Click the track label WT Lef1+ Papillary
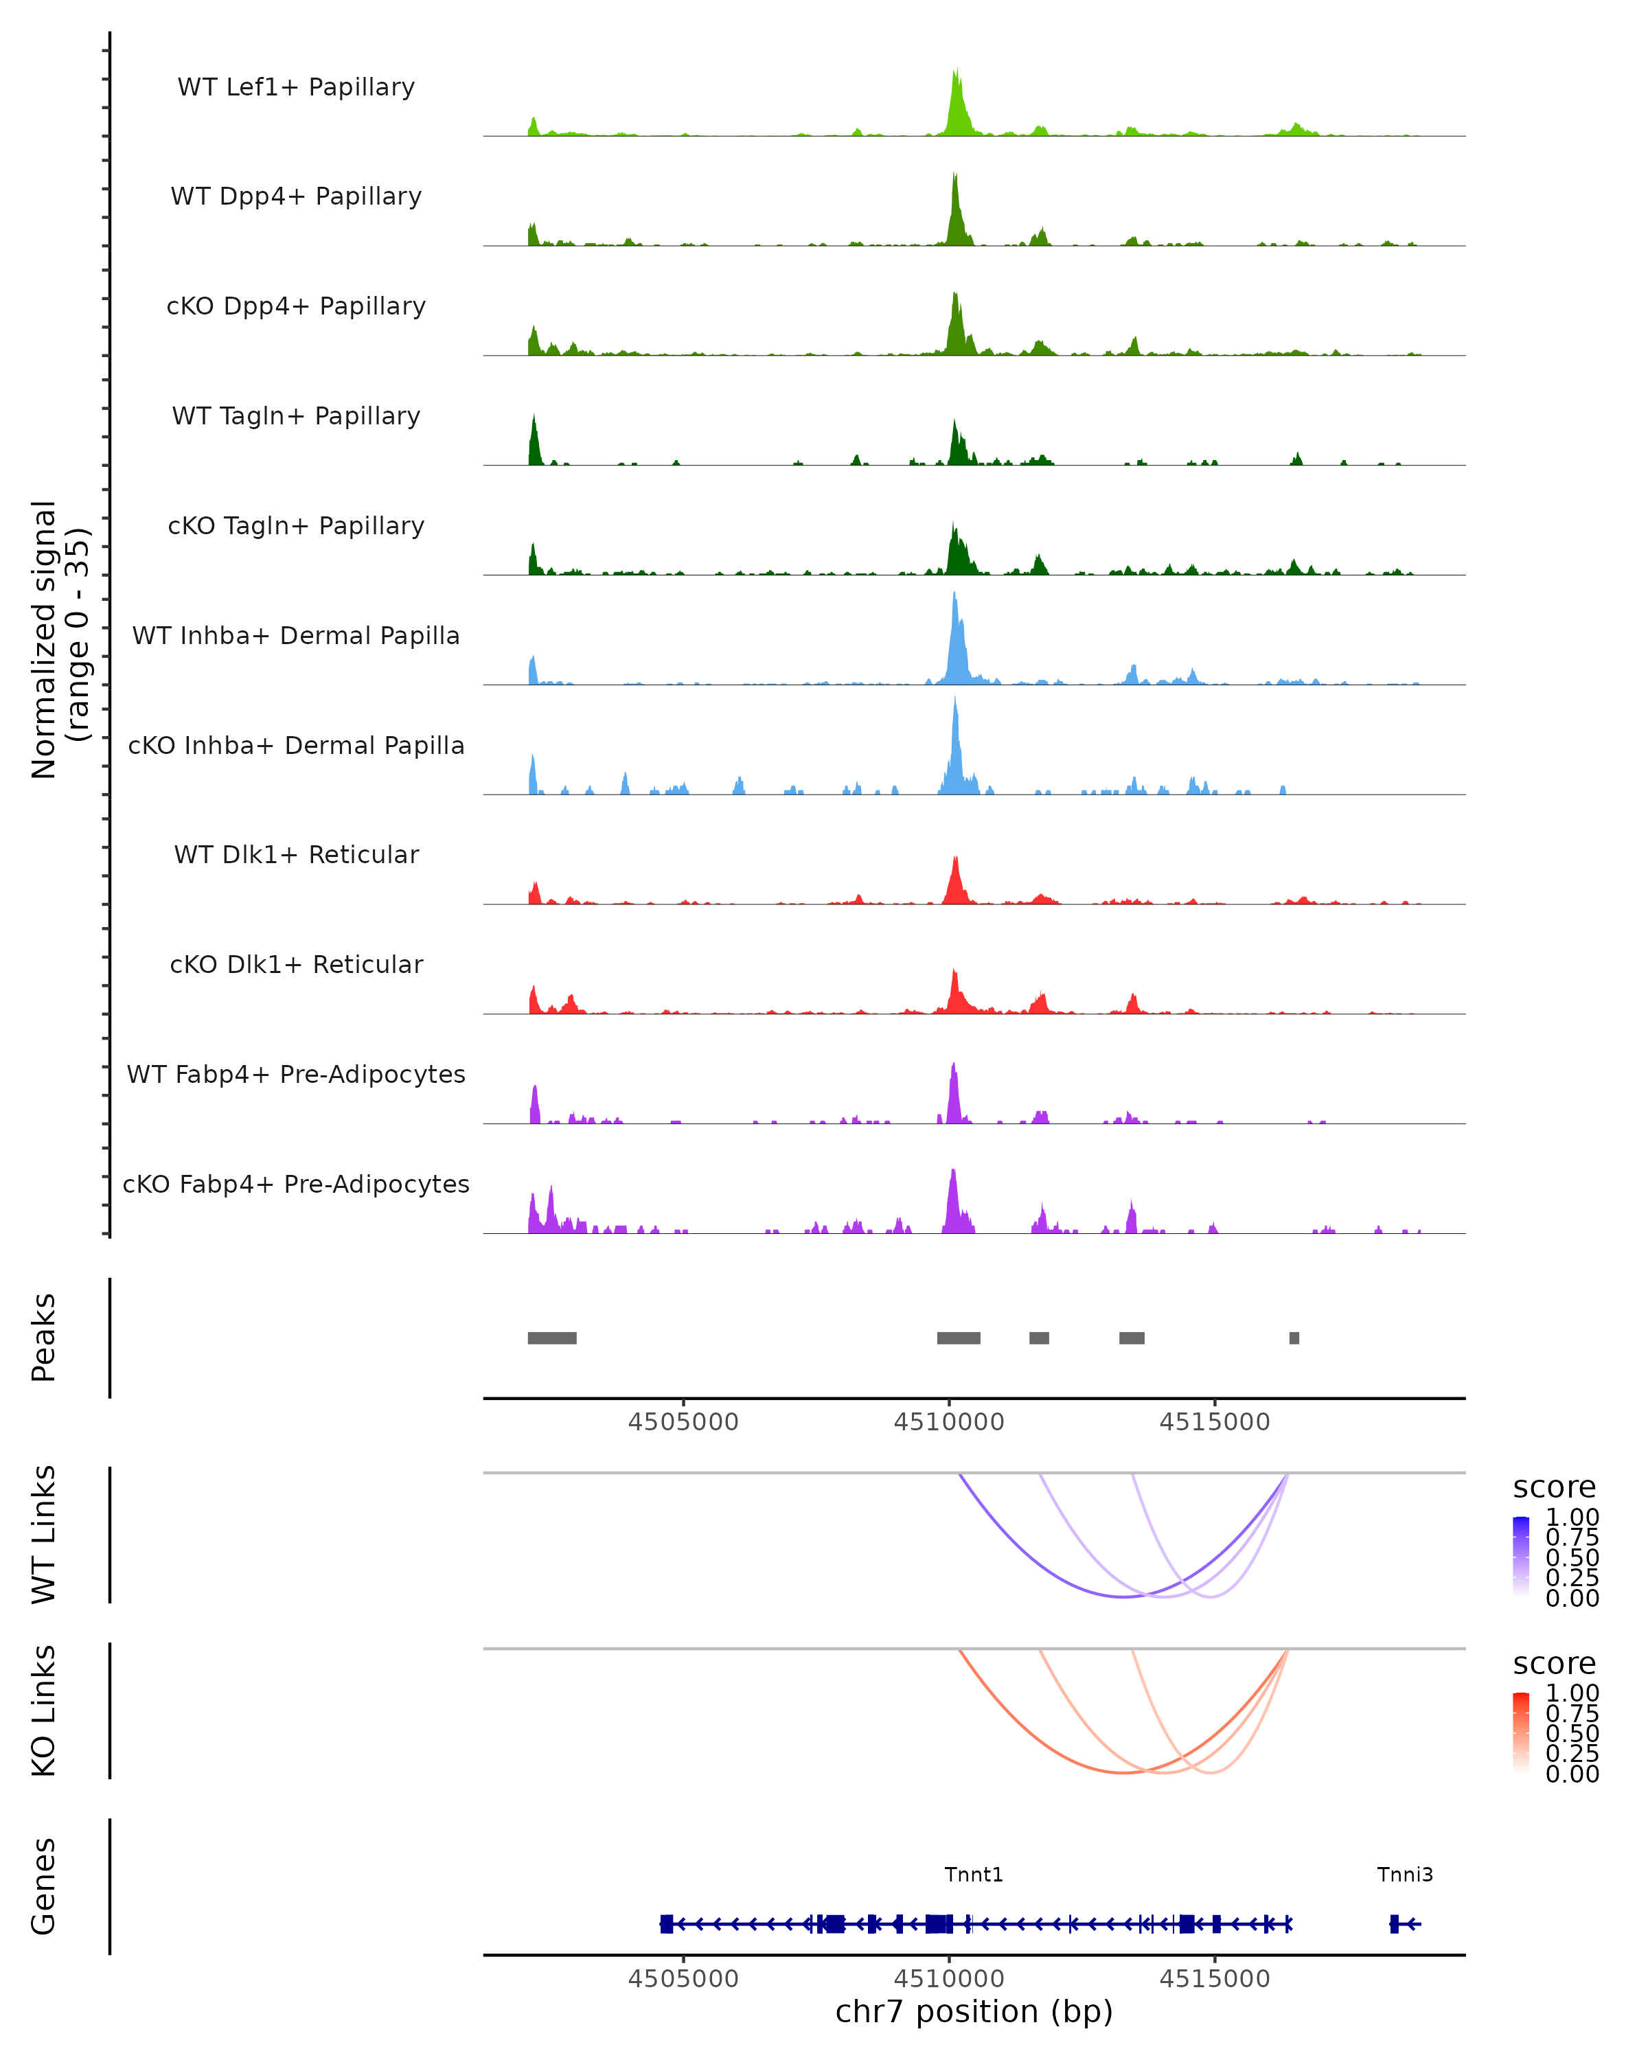pyautogui.click(x=296, y=87)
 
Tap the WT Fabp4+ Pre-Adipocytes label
pyautogui.click(x=296, y=1074)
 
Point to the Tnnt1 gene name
pyautogui.click(x=974, y=1875)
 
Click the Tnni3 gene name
pyautogui.click(x=1404, y=1875)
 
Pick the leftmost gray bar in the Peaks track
pyautogui.click(x=551, y=1338)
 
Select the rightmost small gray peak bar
pyautogui.click(x=1294, y=1338)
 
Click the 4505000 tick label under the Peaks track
pyautogui.click(x=683, y=1422)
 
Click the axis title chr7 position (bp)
pyautogui.click(x=974, y=2011)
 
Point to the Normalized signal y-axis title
pyautogui.click(x=59, y=640)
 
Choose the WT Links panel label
pyautogui.click(x=44, y=1535)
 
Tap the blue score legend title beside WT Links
pyautogui.click(x=1553, y=1488)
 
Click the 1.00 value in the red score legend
pyautogui.click(x=1572, y=1693)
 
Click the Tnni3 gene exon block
pyautogui.click(x=1394, y=1923)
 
